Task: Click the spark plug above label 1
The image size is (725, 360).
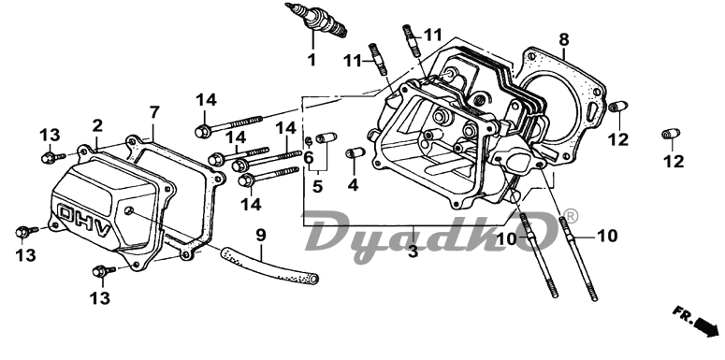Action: [316, 21]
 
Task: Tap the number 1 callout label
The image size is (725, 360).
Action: [312, 60]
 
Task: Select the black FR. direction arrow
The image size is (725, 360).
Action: [705, 326]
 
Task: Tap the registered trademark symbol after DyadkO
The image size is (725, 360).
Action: [572, 216]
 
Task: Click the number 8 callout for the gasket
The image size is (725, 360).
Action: [564, 40]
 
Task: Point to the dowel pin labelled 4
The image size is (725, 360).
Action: [355, 153]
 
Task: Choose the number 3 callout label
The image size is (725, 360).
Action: [413, 252]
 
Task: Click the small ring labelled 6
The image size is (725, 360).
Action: [309, 140]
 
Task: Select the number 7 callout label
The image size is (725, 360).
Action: [154, 112]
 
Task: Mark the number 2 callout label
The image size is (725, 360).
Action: [97, 125]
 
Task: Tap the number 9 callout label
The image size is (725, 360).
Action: [261, 236]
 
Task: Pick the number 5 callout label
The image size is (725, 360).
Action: [317, 186]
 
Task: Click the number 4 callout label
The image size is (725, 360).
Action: [353, 185]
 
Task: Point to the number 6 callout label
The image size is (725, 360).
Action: [309, 158]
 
